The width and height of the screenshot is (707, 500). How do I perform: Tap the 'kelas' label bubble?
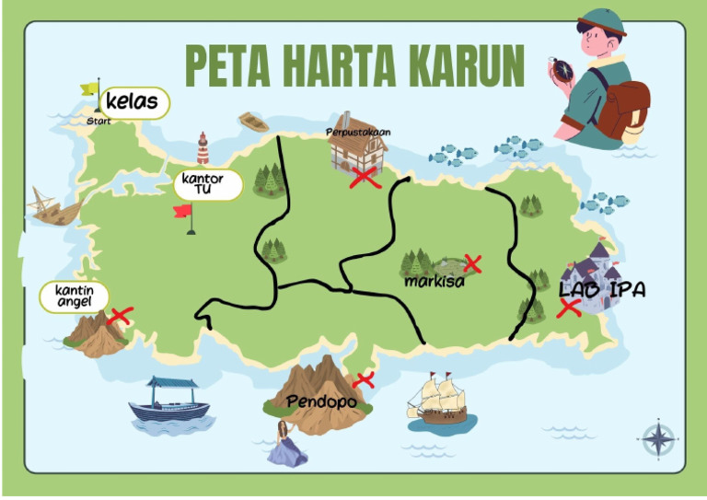132,101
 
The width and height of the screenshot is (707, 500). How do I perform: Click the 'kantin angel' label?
73,297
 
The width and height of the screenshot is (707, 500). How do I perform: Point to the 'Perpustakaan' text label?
358,132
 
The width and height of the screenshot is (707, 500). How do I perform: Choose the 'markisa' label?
435,282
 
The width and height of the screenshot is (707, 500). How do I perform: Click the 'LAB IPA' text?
602,289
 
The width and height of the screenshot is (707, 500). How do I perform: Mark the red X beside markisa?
473,264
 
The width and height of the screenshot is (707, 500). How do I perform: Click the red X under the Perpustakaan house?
365,178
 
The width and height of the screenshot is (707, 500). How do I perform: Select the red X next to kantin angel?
120,316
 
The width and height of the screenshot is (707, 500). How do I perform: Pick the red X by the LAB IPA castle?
569,308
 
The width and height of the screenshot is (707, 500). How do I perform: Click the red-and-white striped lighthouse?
203,148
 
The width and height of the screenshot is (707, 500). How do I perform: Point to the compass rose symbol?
659,438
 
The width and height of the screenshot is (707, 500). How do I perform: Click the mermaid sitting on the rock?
286,446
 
